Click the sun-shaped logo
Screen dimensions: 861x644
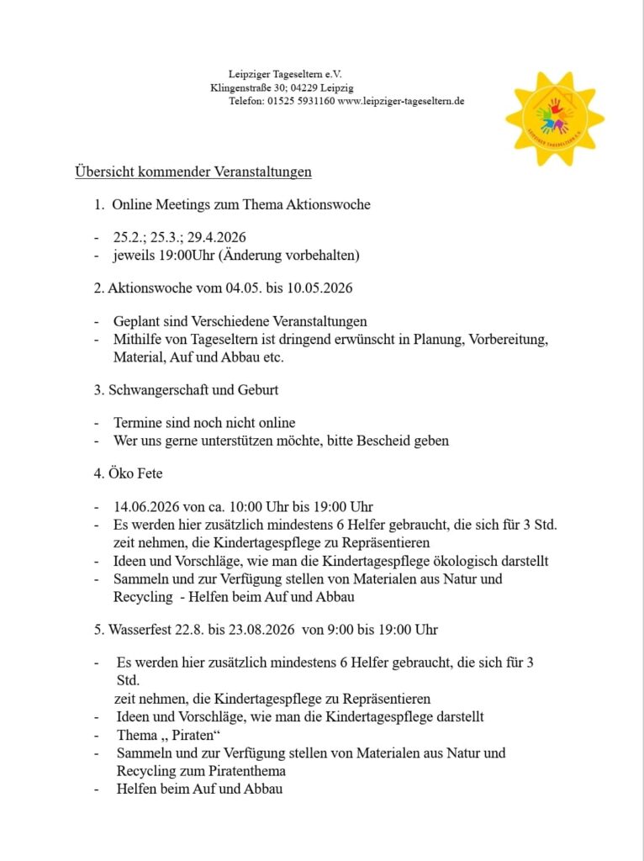[x=554, y=119]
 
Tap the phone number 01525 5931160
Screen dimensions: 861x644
[x=301, y=101]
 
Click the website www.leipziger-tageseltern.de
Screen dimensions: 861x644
[x=401, y=101]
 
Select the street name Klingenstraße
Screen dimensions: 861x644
[x=240, y=87]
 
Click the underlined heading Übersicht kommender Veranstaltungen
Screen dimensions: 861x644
[x=193, y=172]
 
